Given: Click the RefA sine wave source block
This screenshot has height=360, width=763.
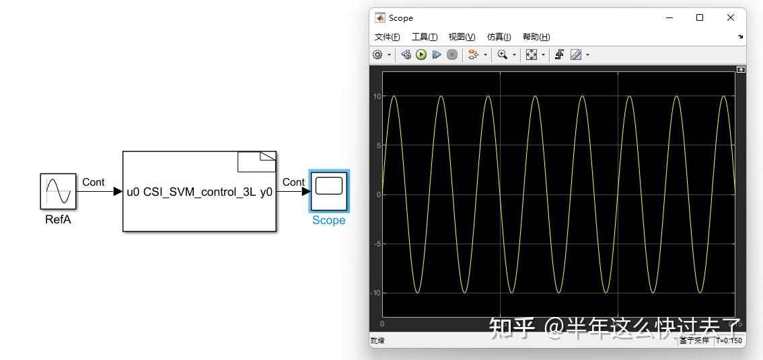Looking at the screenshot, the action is tap(58, 191).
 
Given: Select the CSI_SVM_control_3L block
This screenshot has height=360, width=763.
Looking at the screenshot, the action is tap(199, 192).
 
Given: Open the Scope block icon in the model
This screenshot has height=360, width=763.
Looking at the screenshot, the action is tap(328, 190).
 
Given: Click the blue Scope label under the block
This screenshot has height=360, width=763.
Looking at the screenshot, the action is tap(328, 221).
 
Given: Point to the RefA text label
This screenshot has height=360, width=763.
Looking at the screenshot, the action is tap(58, 219).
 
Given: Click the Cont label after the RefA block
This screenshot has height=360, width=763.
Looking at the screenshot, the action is tap(94, 182).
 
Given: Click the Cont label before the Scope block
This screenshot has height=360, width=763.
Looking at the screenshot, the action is tap(293, 182).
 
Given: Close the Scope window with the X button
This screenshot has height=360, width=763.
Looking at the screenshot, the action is tap(731, 18).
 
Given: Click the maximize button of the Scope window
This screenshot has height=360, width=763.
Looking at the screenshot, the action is tap(700, 18).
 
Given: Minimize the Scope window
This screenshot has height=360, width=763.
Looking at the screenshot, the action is tap(669, 18).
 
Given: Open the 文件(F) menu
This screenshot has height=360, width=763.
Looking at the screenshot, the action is tap(387, 37).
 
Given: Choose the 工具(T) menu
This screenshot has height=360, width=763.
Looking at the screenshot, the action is tap(425, 37).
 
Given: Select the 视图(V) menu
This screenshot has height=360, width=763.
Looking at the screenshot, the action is tap(462, 37).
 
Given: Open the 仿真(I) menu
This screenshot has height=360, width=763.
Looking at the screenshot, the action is tap(499, 37).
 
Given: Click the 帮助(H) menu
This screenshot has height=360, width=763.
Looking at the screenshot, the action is tap(536, 37).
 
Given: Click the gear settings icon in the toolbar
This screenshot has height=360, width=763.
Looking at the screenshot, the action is tap(378, 55).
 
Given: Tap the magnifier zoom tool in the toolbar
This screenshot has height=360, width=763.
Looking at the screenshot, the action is tap(502, 55).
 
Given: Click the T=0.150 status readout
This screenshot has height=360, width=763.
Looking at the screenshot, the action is tap(729, 340).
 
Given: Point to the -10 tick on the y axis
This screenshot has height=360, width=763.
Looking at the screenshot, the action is tap(377, 293).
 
